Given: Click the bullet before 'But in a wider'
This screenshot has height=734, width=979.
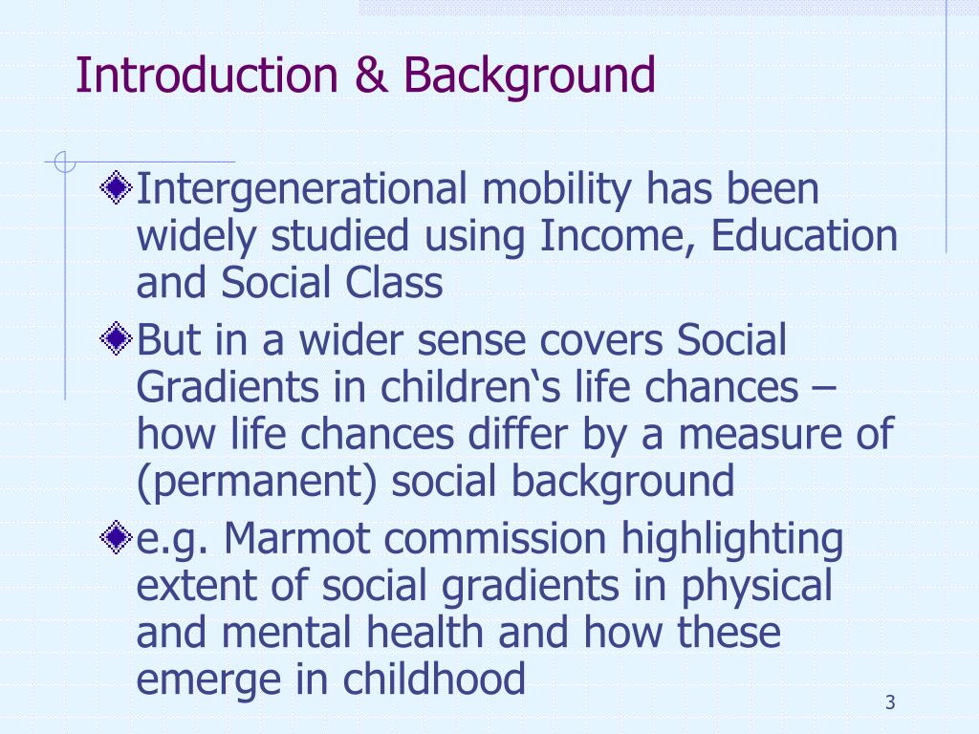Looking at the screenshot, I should point(116,338).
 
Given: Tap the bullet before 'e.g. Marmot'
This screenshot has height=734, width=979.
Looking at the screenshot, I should point(116,539).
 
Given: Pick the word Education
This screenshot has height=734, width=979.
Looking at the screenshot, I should point(804,236).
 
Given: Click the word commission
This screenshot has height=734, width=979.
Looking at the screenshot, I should point(496,539).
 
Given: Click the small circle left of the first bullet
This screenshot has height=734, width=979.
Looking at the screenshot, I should point(64,163).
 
